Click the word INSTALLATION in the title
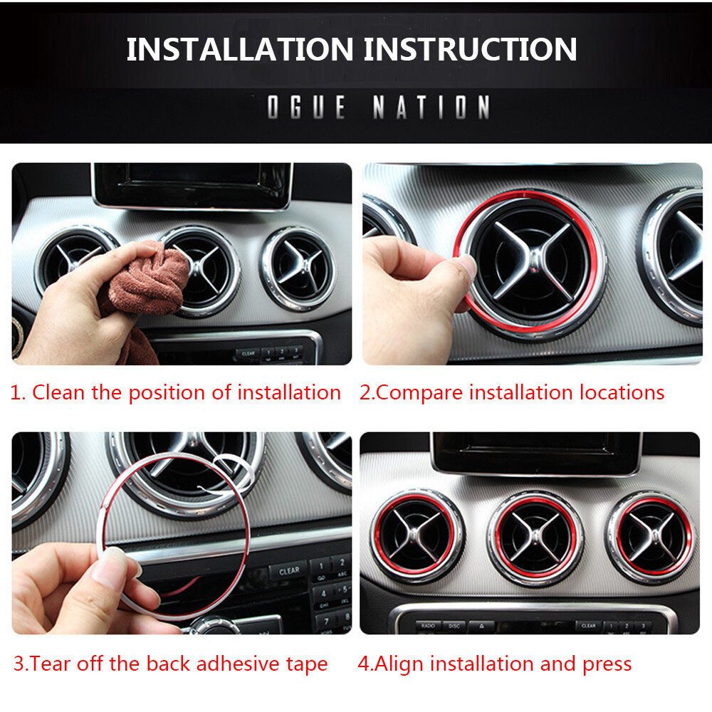point(240,49)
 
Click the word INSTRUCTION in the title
point(471,49)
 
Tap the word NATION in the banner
point(431,108)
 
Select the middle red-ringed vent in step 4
point(535,538)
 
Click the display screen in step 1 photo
point(192,184)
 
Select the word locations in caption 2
point(622,392)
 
